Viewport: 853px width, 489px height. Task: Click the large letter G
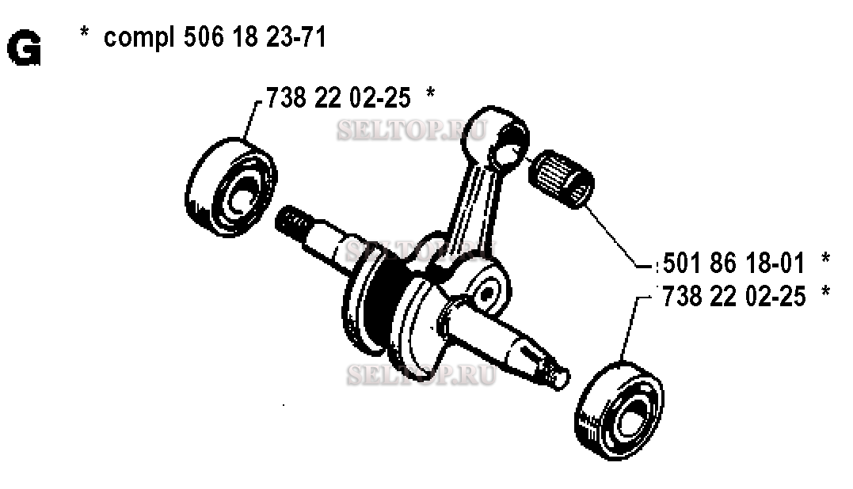point(24,48)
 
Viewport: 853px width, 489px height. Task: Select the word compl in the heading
point(139,39)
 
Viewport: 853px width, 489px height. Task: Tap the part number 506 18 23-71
point(255,37)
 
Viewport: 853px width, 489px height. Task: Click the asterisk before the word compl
point(84,32)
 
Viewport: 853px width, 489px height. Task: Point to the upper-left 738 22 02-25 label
point(338,98)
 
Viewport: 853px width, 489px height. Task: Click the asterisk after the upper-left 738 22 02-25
point(430,93)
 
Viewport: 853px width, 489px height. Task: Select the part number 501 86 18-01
point(733,263)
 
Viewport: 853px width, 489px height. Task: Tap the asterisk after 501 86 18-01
point(826,258)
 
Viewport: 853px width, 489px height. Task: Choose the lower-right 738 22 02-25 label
point(733,296)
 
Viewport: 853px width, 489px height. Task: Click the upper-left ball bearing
point(231,187)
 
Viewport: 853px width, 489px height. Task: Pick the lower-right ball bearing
point(619,410)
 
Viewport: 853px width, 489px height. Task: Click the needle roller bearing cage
point(561,178)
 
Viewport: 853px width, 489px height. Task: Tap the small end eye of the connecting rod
point(496,138)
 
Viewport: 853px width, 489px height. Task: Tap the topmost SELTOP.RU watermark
point(412,131)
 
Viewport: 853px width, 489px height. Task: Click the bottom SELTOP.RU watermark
point(421,375)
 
